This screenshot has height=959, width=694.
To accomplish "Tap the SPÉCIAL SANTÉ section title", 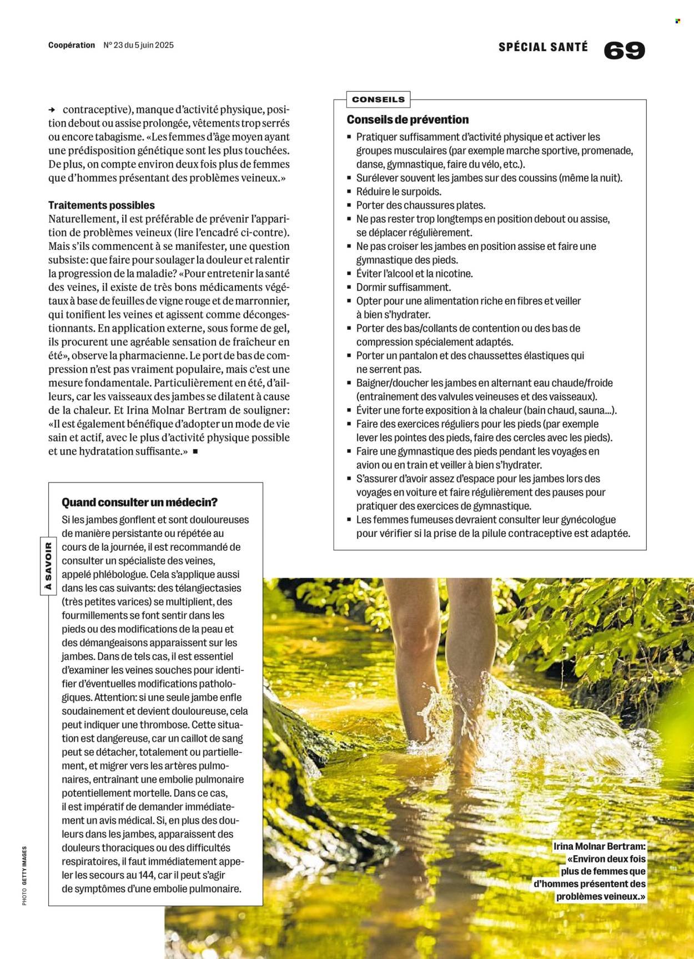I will coord(542,47).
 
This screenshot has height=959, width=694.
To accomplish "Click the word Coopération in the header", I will coord(72,45).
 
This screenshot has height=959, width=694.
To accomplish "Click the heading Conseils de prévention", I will coord(408,119).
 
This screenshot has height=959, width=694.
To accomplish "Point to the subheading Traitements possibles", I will coord(102,205).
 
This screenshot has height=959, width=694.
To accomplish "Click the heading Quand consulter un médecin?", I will coord(139,502).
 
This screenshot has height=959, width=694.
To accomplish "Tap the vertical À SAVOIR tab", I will coord(48,566).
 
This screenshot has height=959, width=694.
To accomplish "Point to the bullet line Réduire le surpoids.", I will coord(399,192).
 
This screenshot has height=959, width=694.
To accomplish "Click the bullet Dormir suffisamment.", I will coord(403,287).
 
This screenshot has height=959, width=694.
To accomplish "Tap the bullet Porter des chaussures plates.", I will coord(421,205).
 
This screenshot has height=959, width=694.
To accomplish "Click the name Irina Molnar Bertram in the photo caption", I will coord(600,847).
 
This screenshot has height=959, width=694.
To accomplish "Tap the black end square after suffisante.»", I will coord(195,451).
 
